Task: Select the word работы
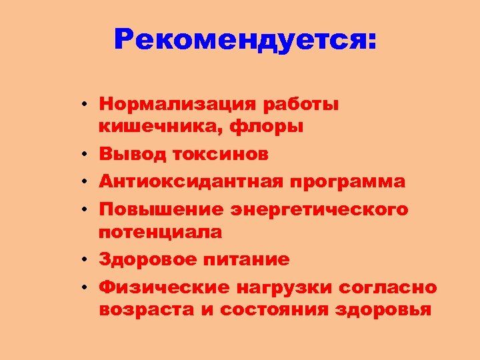301,104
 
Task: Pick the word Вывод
132,154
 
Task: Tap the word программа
347,181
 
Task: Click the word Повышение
161,209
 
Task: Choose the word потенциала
161,232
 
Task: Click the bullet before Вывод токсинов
87,155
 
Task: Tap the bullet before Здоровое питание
87,260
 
